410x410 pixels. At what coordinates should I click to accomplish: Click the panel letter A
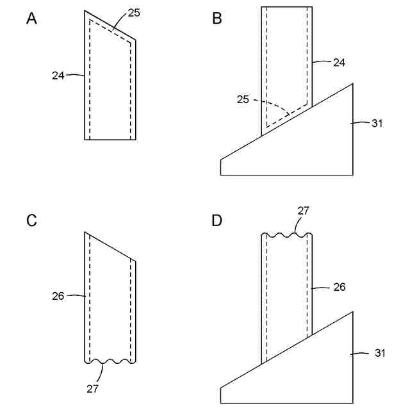(x=31, y=19)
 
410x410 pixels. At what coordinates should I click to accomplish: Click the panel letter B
(x=217, y=19)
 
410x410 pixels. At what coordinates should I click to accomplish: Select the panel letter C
(x=31, y=221)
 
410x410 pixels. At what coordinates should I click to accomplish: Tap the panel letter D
(x=217, y=221)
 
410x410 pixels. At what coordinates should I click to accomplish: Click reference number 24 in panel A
(x=58, y=75)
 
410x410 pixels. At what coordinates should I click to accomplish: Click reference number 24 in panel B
(x=339, y=62)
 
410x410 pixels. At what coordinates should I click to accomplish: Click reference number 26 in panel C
(x=58, y=296)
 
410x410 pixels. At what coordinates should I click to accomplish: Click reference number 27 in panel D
(x=303, y=211)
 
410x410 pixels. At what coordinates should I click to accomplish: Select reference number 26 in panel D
(x=339, y=287)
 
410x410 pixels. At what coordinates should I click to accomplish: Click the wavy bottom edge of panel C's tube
(x=110, y=363)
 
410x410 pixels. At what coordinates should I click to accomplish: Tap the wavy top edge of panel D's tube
(x=286, y=235)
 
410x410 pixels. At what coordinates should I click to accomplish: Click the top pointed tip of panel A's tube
(x=85, y=11)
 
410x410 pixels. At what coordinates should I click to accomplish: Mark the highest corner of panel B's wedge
(x=352, y=83)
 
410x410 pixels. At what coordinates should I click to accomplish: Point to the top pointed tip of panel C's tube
(x=85, y=232)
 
